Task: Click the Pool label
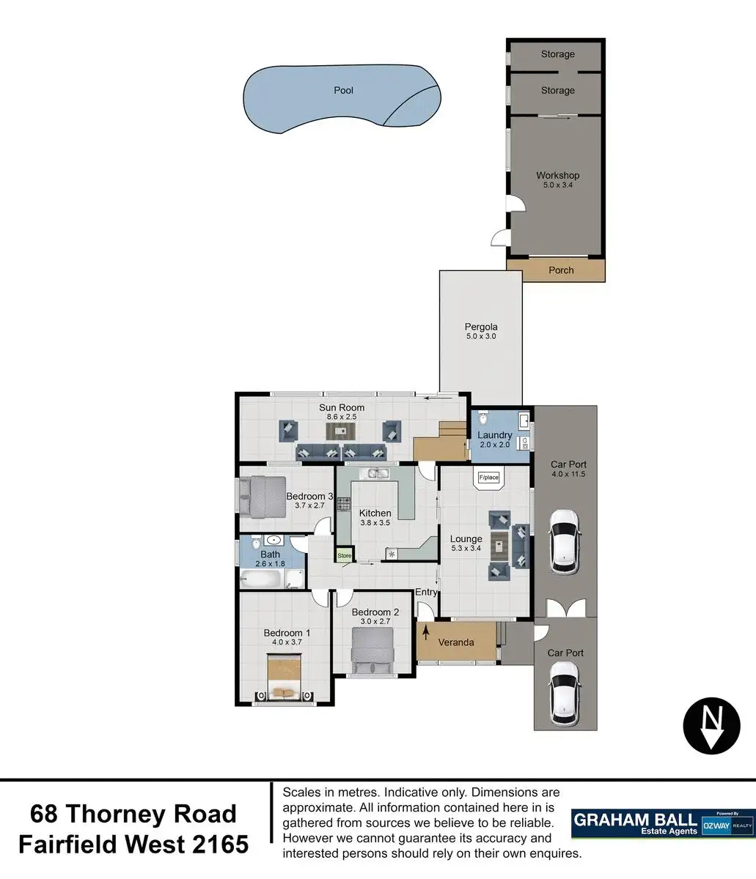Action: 343,90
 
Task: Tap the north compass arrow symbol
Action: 711,725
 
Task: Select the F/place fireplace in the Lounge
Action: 488,478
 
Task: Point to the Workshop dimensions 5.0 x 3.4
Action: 557,185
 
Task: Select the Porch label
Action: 561,270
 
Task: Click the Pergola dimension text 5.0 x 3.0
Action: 481,336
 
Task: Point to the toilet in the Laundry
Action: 482,418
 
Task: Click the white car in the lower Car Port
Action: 564,694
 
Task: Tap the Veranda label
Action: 456,642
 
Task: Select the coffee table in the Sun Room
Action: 340,431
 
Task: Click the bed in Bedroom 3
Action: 263,497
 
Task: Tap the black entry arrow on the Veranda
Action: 426,633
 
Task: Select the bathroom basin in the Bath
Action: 274,540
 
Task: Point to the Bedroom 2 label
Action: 375,612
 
